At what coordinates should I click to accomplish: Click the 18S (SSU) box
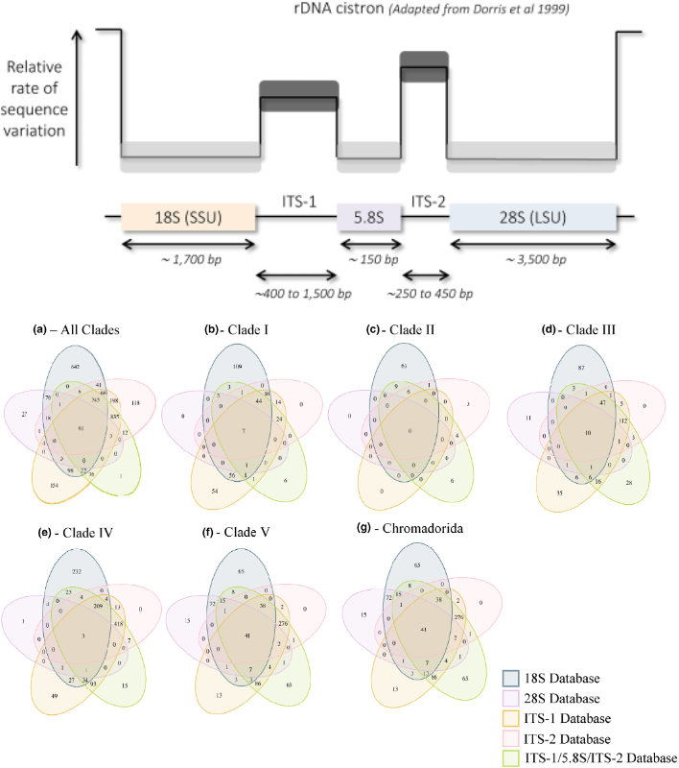[188, 218]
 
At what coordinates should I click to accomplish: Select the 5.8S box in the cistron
[368, 218]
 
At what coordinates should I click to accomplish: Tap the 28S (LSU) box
[532, 218]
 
